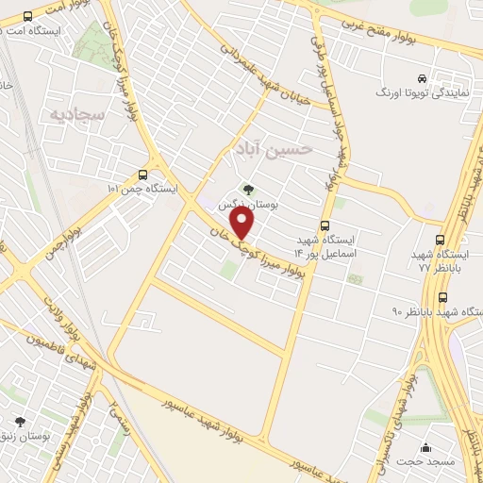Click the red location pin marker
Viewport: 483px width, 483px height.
[x=242, y=223]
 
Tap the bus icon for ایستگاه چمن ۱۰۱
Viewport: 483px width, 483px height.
[x=142, y=175]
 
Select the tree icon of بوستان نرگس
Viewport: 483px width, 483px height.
[x=248, y=189]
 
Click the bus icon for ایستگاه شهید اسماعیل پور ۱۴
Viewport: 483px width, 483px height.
[x=325, y=225]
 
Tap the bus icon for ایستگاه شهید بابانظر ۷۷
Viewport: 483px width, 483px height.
[x=440, y=241]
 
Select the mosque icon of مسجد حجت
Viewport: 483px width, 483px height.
[x=426, y=447]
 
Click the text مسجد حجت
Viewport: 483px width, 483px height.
[x=435, y=462]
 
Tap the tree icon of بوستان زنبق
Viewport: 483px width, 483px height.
[x=20, y=422]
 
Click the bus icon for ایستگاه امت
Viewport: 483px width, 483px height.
[x=25, y=16]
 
